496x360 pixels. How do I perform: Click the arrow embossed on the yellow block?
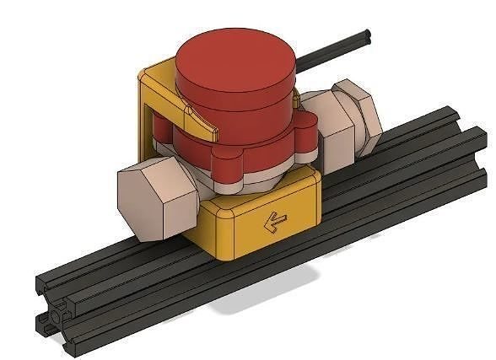(x=273, y=222)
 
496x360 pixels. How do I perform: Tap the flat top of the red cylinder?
(x=235, y=58)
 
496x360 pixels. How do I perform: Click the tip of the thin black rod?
(x=369, y=35)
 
